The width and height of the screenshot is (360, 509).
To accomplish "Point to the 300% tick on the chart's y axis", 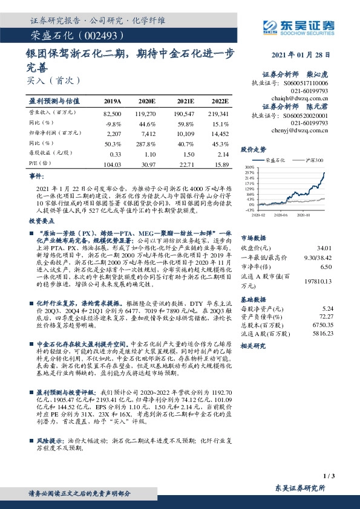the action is [250, 166].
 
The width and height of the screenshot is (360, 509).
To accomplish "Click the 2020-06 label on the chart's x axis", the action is [279, 214].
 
